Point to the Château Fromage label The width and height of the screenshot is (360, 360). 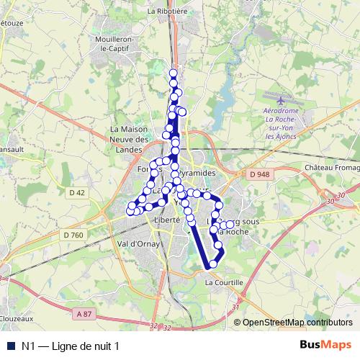[x=330, y=168]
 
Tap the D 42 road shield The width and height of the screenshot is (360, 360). [x=78, y=192]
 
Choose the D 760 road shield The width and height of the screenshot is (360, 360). [x=73, y=235]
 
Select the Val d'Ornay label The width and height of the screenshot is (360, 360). [x=140, y=243]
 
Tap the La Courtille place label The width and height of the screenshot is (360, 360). [x=224, y=283]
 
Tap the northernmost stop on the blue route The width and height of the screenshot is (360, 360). [x=173, y=73]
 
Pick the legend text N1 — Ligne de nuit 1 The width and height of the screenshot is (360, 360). [x=71, y=346]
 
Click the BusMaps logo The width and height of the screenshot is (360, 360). [x=325, y=345]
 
